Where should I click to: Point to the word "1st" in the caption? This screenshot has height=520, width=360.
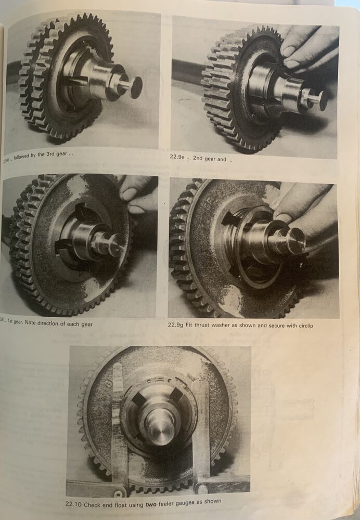pos(16,324)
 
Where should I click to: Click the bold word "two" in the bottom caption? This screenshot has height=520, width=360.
pos(153,502)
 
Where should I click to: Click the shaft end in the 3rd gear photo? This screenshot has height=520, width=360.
pos(136,87)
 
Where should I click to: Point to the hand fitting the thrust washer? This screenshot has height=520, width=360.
pos(302,213)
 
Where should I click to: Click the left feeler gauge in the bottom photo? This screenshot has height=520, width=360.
pos(119,426)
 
